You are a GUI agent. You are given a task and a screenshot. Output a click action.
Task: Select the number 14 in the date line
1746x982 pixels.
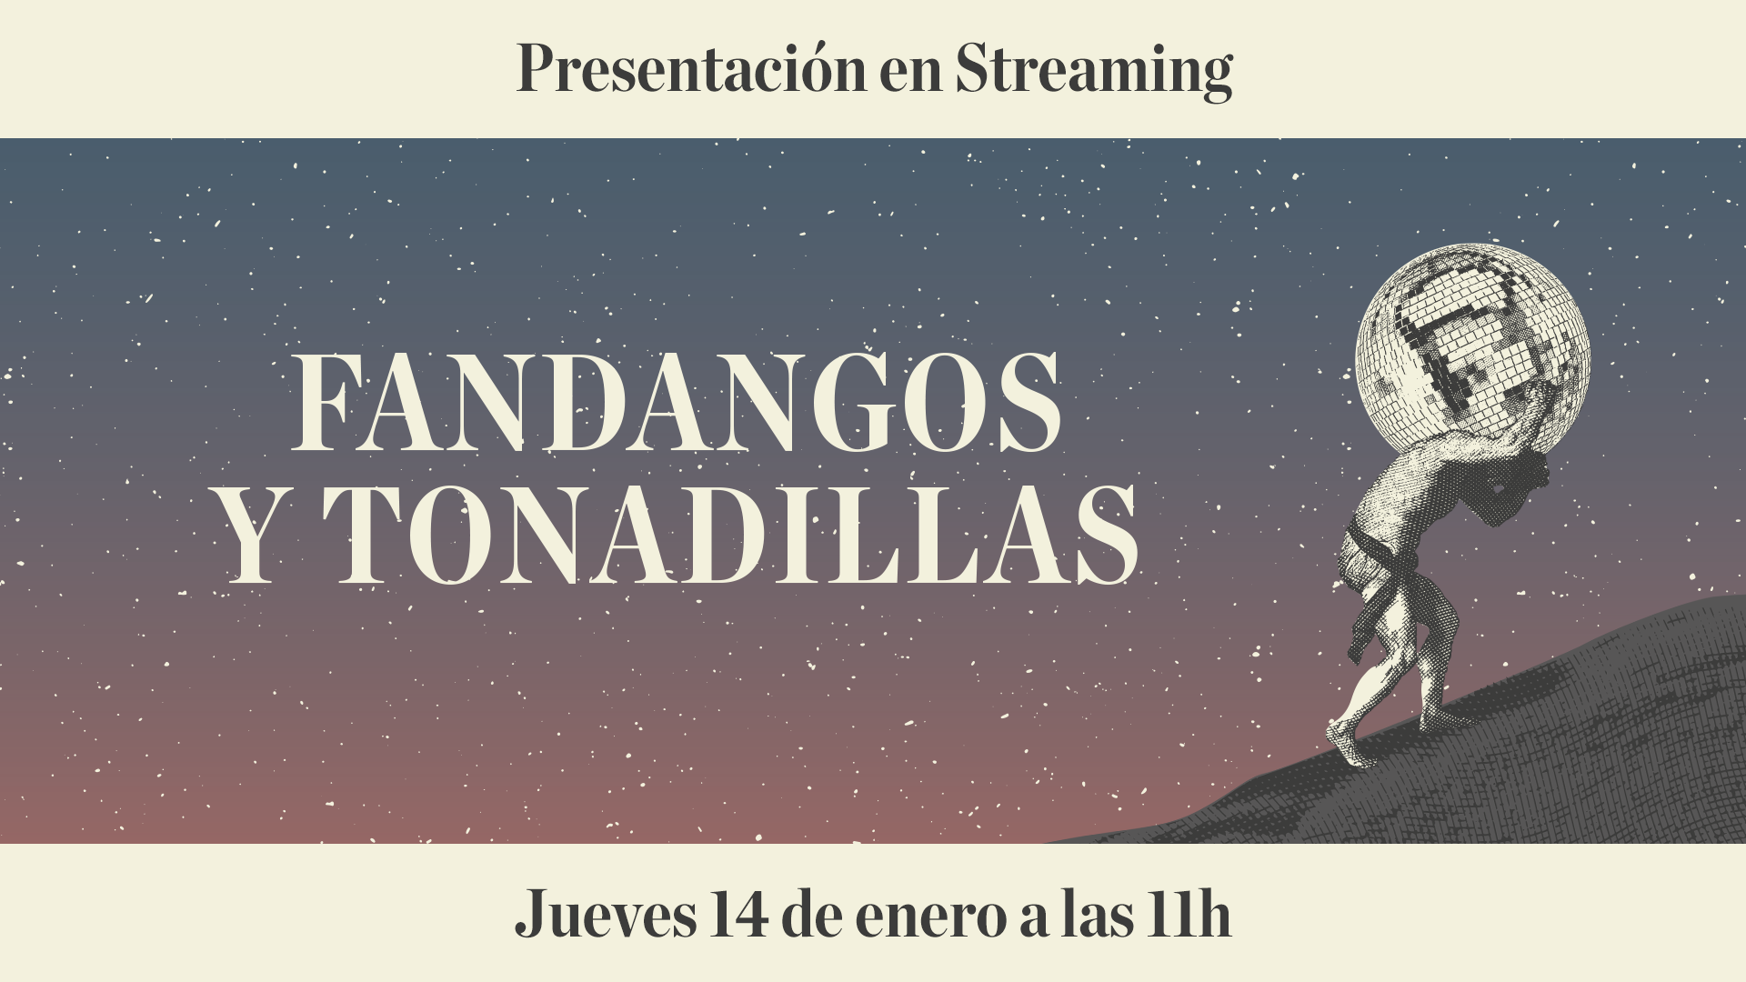coord(738,915)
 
